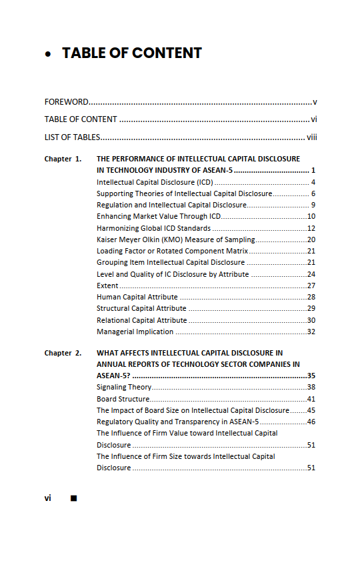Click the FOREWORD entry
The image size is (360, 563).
(x=66, y=102)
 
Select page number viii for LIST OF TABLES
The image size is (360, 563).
(x=312, y=137)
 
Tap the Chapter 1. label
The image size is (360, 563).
(x=63, y=159)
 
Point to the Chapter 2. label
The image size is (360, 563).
(x=63, y=353)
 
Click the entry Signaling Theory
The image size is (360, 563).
(x=124, y=387)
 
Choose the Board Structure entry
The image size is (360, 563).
(x=123, y=399)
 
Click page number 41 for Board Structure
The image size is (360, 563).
(x=311, y=399)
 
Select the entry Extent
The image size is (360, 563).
(x=107, y=286)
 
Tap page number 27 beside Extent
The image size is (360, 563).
(x=311, y=286)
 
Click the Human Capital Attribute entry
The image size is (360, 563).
(x=137, y=297)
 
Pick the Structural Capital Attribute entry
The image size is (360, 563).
(x=141, y=308)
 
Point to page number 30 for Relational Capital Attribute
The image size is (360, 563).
(x=311, y=320)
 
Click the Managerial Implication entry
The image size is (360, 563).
(x=135, y=332)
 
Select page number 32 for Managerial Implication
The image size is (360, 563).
(x=311, y=332)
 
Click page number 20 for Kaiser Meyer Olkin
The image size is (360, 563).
(x=311, y=239)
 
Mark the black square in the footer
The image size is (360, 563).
(x=73, y=498)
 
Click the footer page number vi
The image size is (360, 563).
(x=48, y=498)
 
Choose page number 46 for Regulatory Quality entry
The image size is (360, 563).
(x=311, y=422)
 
